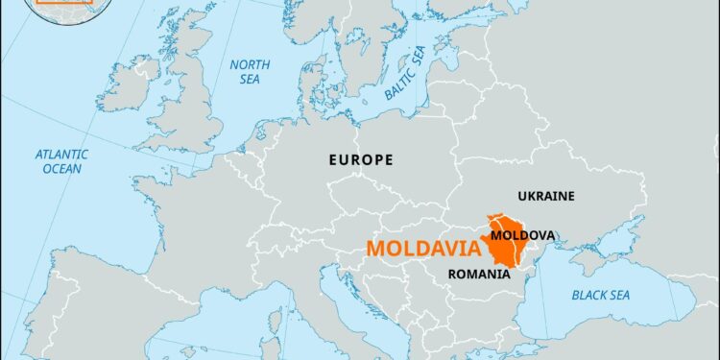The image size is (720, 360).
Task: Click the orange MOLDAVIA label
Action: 423,250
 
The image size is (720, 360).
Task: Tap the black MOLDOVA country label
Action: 521,234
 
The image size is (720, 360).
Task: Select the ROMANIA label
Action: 479,274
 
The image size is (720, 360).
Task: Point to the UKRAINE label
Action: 546,196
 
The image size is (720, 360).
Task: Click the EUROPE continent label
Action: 360,159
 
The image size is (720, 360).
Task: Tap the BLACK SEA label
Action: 600,295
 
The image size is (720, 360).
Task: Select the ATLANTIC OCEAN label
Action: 62,160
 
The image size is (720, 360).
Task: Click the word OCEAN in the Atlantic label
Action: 62,169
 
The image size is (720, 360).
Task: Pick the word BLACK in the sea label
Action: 586,295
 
